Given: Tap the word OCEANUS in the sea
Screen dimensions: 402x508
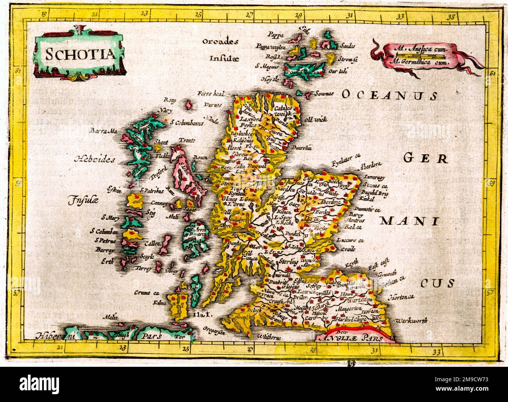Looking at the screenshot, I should pos(389,95).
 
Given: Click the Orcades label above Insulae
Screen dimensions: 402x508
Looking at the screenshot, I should pos(220,41).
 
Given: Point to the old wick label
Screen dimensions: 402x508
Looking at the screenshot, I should pos(316,119).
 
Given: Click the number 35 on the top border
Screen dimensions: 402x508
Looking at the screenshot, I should pos(452,17).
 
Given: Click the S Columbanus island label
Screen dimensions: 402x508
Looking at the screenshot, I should pos(188,124).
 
